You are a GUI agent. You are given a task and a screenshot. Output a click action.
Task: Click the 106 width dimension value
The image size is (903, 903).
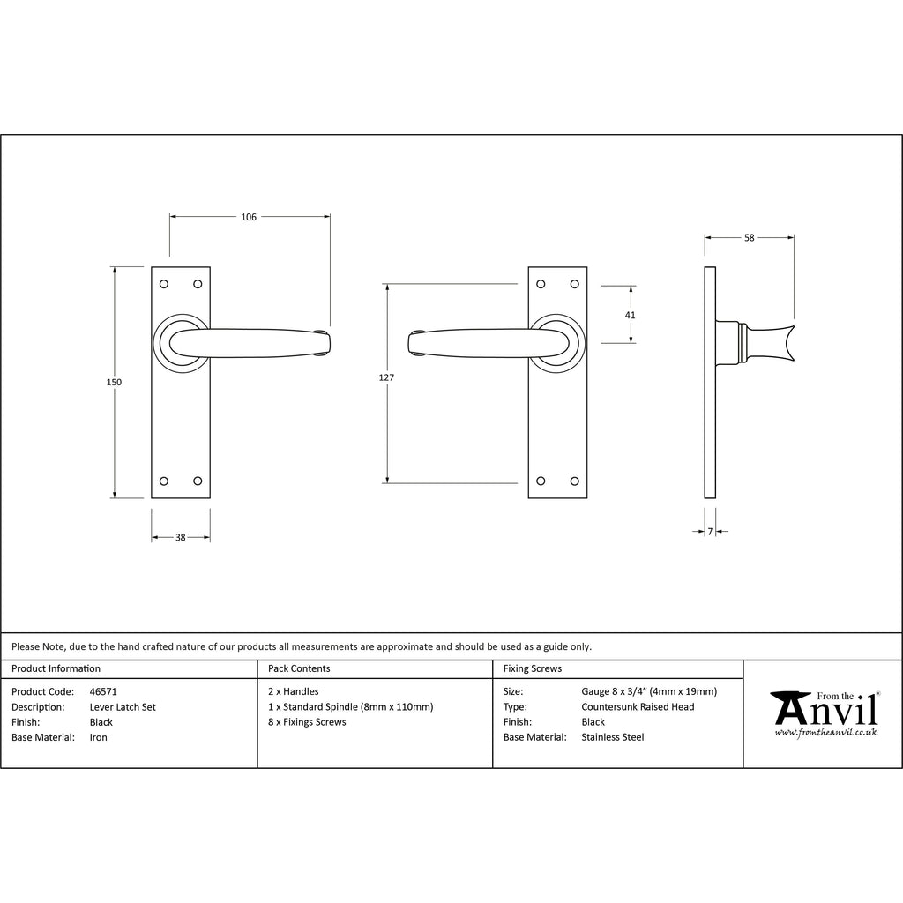coord(249,217)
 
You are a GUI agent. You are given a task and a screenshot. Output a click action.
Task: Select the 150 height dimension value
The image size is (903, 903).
coord(114,382)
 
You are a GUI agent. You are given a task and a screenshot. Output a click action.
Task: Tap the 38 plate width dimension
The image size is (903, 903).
coord(180,537)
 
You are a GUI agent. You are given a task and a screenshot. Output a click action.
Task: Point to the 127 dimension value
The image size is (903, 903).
coord(386,377)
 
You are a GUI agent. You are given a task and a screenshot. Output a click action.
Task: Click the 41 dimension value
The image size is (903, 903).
coord(630,315)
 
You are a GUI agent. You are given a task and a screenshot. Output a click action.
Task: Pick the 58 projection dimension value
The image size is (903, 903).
coord(750,237)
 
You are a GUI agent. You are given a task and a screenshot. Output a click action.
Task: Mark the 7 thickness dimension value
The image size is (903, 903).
coord(710,531)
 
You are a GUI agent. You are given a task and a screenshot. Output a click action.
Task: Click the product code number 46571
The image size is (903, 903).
coord(103,691)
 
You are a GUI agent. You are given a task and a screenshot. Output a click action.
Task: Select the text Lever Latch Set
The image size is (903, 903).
coord(123,707)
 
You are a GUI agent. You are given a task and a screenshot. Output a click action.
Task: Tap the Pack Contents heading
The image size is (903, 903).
coord(299,668)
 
